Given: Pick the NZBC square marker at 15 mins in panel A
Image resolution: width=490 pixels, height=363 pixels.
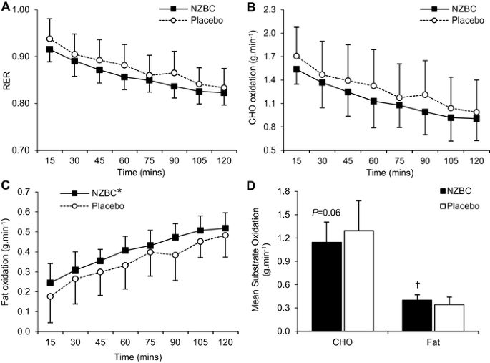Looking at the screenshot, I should click(x=49, y=49).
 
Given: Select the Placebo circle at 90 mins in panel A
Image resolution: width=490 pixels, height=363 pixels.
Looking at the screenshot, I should click(x=175, y=72).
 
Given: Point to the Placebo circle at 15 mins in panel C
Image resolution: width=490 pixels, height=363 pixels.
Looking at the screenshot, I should click(x=49, y=296).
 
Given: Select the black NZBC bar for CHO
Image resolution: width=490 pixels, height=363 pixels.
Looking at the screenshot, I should click(x=326, y=286).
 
